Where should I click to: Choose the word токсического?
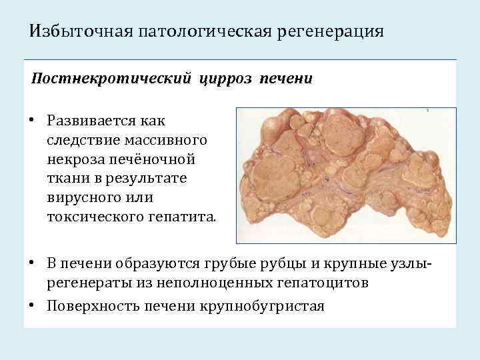click(93, 217)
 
